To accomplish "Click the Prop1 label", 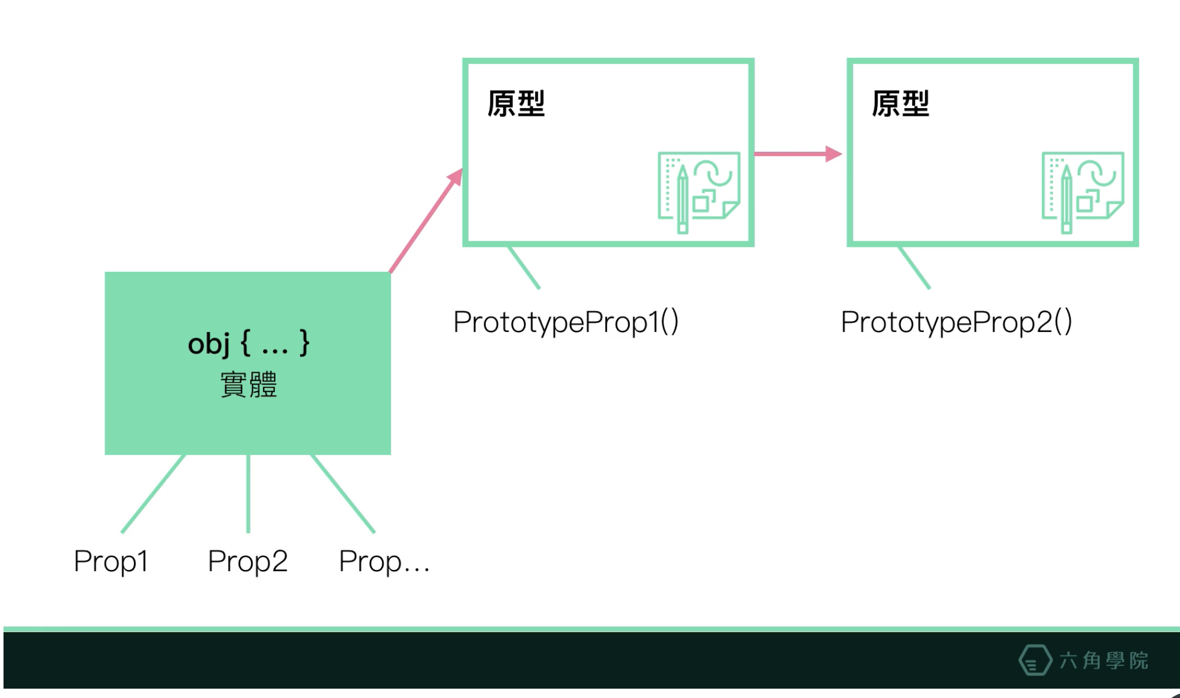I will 111,561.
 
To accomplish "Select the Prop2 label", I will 248,561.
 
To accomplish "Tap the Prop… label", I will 384,561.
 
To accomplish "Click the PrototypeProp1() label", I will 565,322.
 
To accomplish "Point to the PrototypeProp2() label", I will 956,322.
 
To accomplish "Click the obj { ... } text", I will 249,343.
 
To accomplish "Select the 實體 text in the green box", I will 249,385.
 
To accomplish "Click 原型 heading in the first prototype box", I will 516,104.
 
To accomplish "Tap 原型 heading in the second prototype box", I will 900,104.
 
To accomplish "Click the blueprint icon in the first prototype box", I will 699,191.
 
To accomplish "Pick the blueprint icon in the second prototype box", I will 1082,191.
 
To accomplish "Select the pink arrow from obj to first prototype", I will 426,221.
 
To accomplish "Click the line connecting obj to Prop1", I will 153,494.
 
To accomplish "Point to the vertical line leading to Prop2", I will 249,494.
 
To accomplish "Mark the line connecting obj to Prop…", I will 343,494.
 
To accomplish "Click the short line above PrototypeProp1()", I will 524,267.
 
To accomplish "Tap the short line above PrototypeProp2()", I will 914,267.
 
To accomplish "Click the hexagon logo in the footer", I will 1034,660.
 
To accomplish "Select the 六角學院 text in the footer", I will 1103,661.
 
